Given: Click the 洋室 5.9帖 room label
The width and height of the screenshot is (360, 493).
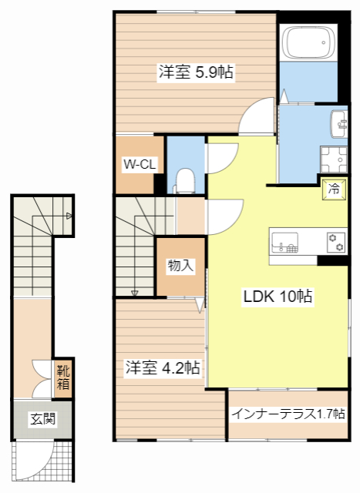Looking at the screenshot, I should [x=196, y=72].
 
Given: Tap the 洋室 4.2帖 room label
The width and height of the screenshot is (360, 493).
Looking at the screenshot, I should [x=163, y=368].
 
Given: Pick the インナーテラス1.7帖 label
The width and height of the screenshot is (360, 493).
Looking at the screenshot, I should [x=288, y=414].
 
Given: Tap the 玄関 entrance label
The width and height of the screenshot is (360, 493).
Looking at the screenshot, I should [x=42, y=420].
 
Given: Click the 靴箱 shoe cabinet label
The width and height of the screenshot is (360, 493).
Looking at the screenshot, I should [x=63, y=375].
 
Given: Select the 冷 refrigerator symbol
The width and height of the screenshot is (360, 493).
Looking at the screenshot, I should [x=335, y=187].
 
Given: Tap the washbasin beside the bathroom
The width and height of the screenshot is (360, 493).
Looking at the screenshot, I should [x=339, y=122].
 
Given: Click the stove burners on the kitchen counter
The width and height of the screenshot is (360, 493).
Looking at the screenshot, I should [x=336, y=241].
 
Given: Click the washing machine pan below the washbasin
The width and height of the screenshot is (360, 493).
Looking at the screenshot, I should [x=335, y=160].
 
